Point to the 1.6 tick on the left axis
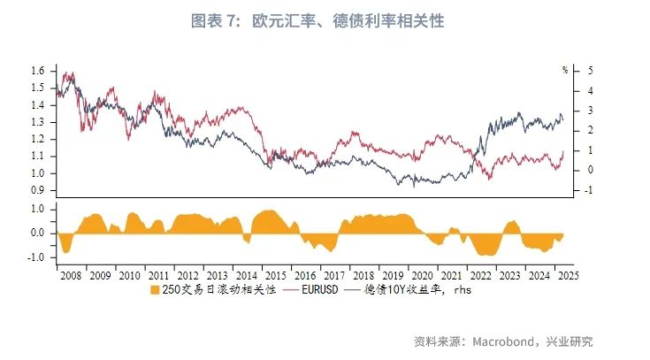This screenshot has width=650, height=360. coord(37,70)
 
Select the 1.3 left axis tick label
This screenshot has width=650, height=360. coord(37,121)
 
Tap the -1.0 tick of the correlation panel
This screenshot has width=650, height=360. coord(35,257)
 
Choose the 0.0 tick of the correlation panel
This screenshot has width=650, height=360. coord(37,234)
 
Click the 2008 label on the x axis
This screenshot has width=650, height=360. coord(70,275)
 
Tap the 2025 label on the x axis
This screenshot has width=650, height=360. coord(568,275)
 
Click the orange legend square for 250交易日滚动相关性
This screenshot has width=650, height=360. coord(155,289)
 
